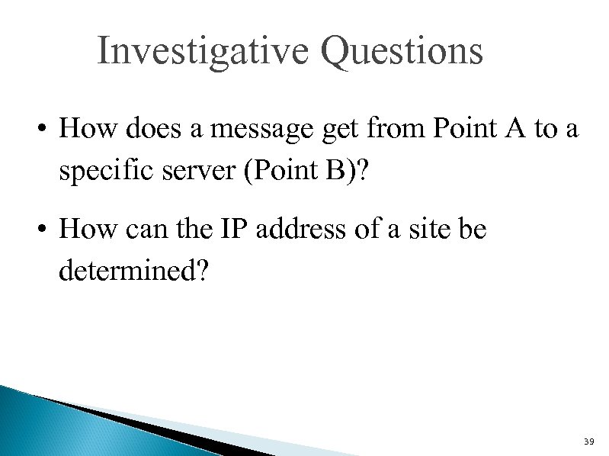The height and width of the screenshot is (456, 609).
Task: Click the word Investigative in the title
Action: pyautogui.click(x=204, y=51)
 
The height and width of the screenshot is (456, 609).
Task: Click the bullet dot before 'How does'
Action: pyautogui.click(x=46, y=130)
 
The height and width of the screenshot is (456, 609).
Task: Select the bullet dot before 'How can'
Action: pyautogui.click(x=46, y=230)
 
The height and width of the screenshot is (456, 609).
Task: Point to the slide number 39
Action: pyautogui.click(x=588, y=442)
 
